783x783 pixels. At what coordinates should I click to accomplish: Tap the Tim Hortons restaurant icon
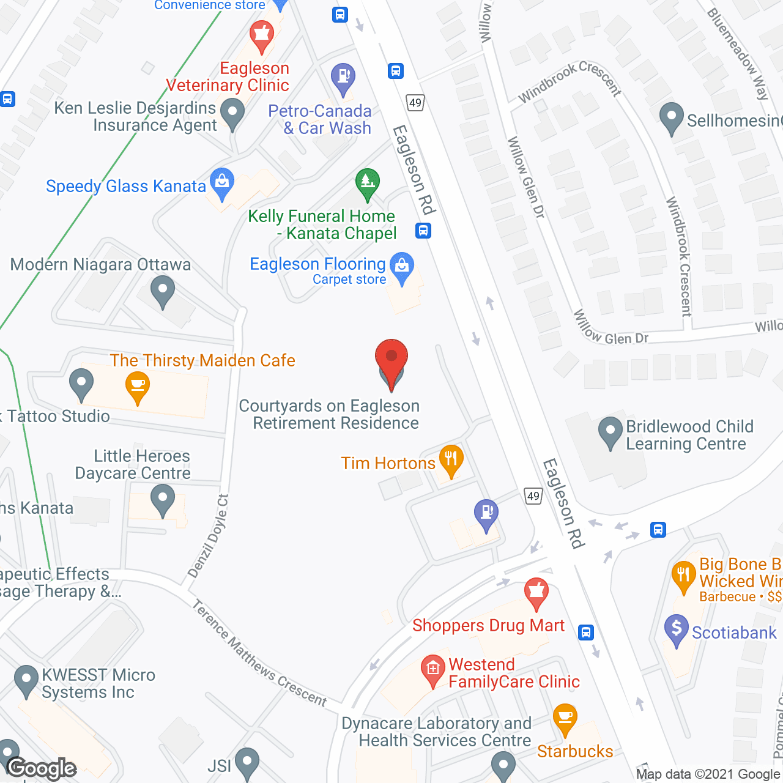coord(451,459)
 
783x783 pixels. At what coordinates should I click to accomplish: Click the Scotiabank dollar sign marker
coord(677,629)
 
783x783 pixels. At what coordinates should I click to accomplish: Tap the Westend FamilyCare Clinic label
coord(513,673)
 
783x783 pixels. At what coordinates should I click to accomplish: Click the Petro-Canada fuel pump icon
coord(343,78)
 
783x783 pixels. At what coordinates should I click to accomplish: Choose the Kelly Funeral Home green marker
coord(367,183)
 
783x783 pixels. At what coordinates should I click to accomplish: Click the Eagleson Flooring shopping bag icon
coord(402,267)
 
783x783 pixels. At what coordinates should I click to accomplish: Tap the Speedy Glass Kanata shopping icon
coord(222,183)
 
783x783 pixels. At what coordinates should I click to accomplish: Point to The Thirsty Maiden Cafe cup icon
coord(138,387)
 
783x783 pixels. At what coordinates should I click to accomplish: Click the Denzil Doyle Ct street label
coord(208,536)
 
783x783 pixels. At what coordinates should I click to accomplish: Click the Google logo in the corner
coord(42,768)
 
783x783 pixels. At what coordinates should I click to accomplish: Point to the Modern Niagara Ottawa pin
coord(162,291)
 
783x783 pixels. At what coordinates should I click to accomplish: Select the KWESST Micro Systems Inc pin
coord(26,680)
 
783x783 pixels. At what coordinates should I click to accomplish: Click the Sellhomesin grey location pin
coord(672,117)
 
